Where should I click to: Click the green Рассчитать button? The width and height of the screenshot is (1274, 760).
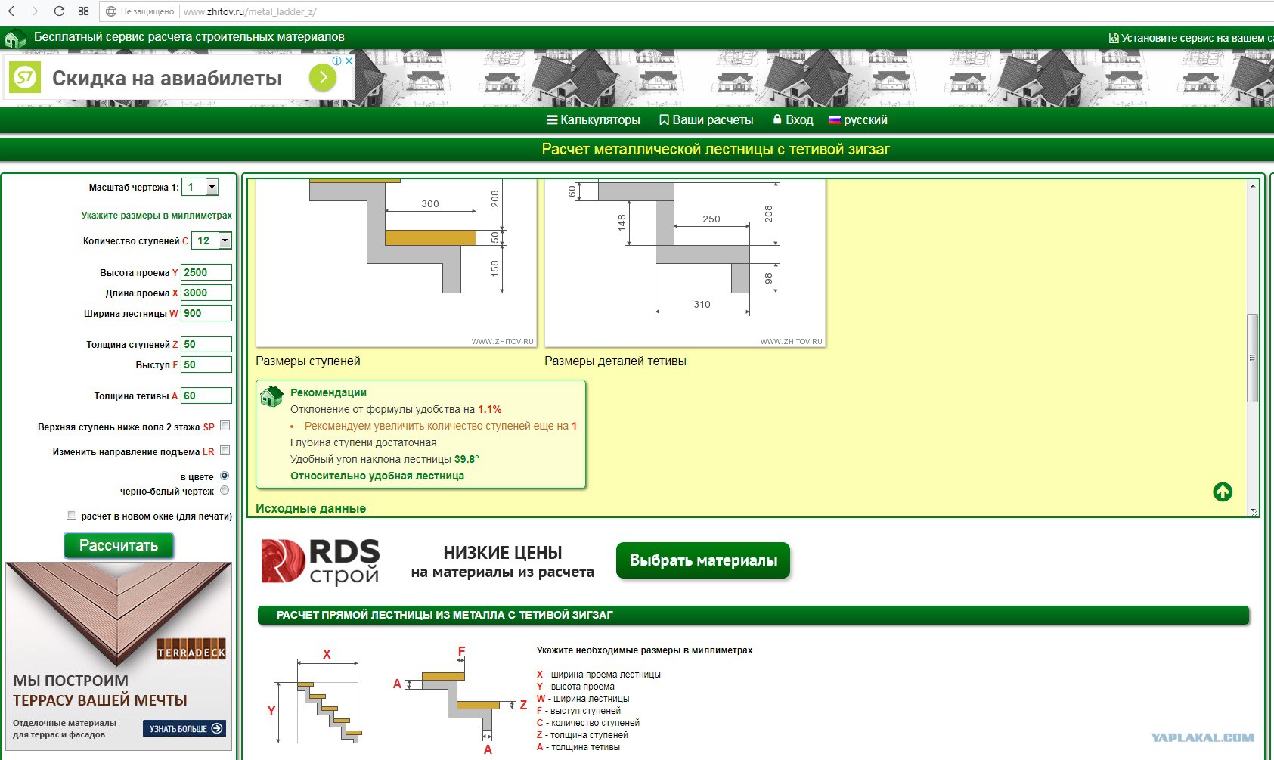(x=118, y=545)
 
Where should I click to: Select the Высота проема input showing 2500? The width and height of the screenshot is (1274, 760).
(x=206, y=272)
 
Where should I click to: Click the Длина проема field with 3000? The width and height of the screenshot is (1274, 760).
(x=206, y=293)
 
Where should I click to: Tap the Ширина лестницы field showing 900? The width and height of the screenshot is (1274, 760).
(x=206, y=313)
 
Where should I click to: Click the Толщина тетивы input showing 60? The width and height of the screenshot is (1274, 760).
(x=206, y=396)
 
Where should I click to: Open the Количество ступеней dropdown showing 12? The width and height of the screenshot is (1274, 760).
(x=211, y=240)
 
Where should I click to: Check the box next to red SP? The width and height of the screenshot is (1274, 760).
(x=225, y=426)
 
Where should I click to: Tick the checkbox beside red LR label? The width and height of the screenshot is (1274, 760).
(x=225, y=451)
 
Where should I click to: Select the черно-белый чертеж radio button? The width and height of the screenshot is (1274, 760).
(x=225, y=490)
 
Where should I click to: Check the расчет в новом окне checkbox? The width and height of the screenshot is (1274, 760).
(x=71, y=515)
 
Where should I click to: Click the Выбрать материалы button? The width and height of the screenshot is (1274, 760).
(x=703, y=560)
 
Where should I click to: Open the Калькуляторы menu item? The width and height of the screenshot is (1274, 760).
(x=594, y=120)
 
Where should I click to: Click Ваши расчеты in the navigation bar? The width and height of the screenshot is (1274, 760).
(x=706, y=120)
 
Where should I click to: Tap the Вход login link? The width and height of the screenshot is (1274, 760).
(x=793, y=120)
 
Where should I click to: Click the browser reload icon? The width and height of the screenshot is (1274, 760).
(x=58, y=11)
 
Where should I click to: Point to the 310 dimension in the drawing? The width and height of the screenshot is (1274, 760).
(x=702, y=304)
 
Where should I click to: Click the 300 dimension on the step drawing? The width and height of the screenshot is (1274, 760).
(x=430, y=203)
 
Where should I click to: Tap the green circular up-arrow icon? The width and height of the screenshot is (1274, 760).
(x=1223, y=492)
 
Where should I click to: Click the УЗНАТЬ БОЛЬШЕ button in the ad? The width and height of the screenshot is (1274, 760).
(x=184, y=729)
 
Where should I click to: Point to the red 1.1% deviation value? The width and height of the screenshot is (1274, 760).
(x=490, y=409)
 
